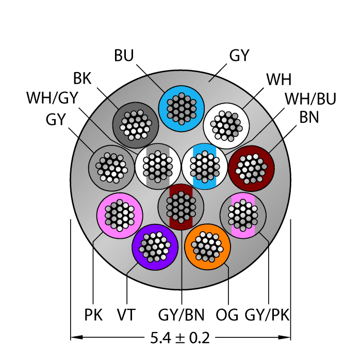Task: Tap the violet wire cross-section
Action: tap(155, 247)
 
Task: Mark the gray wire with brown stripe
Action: tap(181, 207)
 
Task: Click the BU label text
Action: tap(124, 55)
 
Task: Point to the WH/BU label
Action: tap(310, 99)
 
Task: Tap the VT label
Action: tap(126, 314)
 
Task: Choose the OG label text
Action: tap(227, 314)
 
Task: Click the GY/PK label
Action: tap(268, 314)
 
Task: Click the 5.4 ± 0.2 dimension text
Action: tap(180, 338)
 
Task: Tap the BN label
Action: tap(309, 118)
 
